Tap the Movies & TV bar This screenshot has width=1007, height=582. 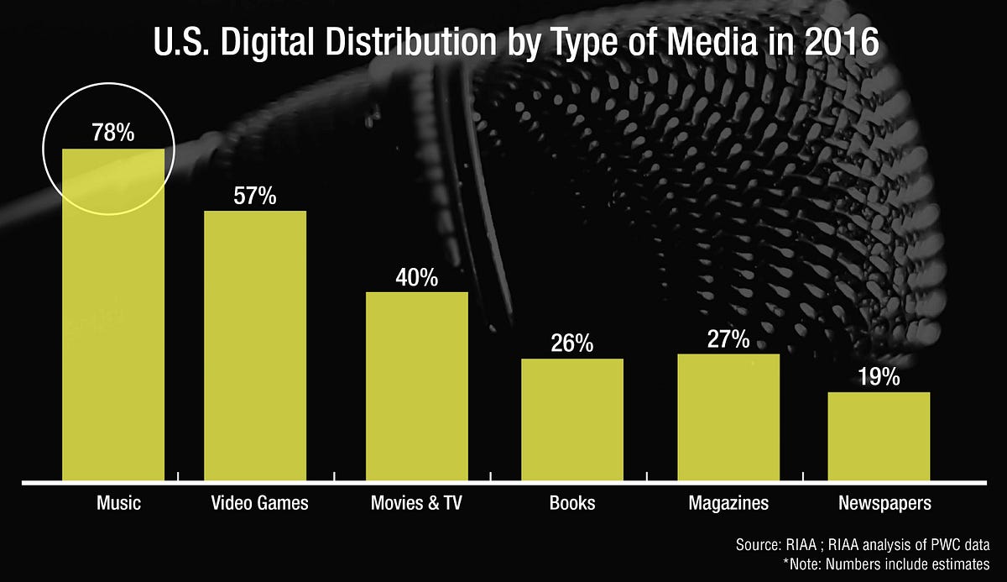click(417, 386)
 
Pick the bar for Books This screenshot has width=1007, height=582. click(572, 420)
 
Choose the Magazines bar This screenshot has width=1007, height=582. click(728, 417)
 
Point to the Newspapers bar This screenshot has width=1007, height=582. click(879, 437)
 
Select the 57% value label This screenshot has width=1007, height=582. click(255, 196)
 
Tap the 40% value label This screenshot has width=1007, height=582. click(417, 278)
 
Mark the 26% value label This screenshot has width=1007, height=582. click(572, 343)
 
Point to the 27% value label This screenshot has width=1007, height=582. click(728, 339)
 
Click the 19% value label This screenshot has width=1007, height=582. click(879, 377)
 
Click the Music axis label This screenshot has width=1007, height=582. click(118, 504)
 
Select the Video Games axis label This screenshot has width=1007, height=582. click(259, 504)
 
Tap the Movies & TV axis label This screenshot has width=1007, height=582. click(416, 504)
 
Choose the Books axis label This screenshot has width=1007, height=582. click(572, 504)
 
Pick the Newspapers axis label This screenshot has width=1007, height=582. click(884, 504)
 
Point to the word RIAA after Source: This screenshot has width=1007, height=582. click(784, 544)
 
